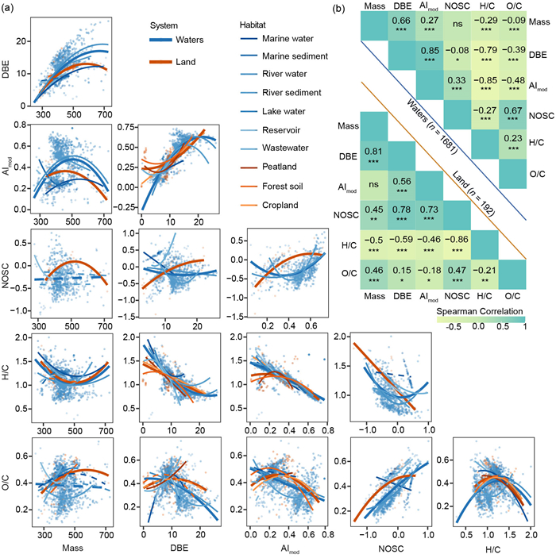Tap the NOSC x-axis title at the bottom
click(391, 547)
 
